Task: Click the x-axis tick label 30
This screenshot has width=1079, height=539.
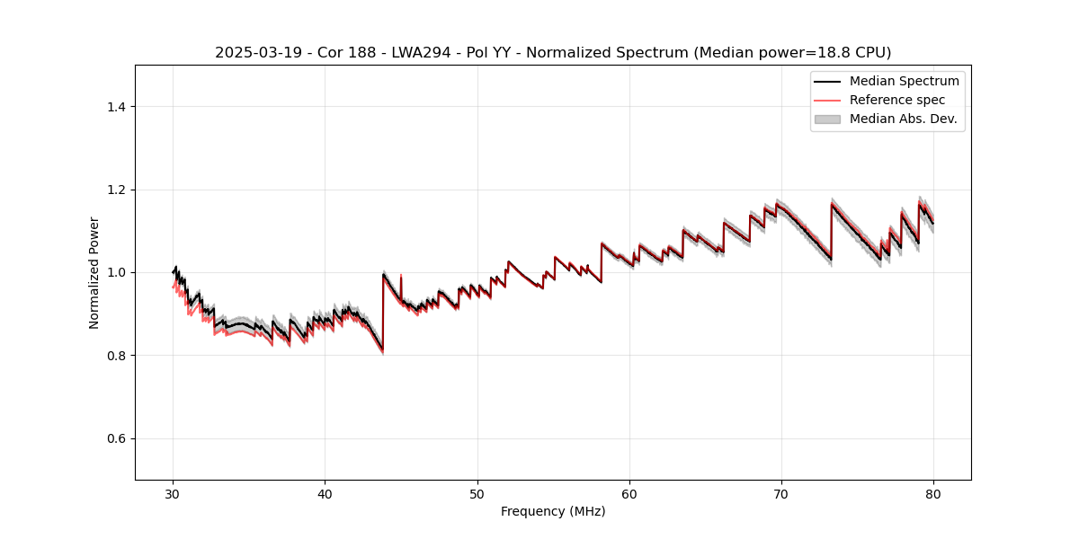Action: pos(173,494)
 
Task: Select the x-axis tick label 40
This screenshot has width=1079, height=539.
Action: pos(325,494)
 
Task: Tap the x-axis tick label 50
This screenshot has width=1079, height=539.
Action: pos(477,494)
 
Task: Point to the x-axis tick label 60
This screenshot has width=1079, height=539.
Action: pos(629,494)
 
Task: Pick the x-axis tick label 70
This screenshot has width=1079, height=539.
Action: pos(781,494)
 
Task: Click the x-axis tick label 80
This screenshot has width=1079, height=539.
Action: pos(933,494)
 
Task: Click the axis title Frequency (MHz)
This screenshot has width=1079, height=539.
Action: pos(553,512)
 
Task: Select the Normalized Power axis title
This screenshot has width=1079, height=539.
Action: pos(94,272)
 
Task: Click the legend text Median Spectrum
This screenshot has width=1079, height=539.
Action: pos(905,81)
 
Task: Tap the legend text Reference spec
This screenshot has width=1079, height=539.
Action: pos(897,100)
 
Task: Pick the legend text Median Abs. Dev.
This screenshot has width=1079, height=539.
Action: pos(904,119)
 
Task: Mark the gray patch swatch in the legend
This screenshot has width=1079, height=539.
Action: pos(827,119)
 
